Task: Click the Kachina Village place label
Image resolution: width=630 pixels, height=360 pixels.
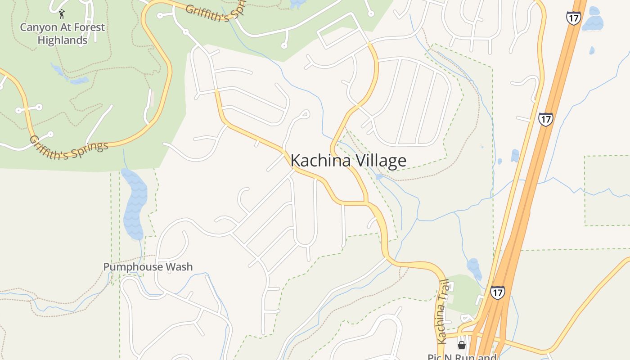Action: tap(348, 161)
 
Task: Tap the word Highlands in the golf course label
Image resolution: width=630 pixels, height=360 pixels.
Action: tap(62, 40)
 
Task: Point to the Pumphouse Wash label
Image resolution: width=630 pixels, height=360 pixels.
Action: tap(148, 267)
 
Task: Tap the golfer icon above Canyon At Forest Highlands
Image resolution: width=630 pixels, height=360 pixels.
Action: tap(62, 14)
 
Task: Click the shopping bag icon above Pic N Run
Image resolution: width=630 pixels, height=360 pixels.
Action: tap(461, 345)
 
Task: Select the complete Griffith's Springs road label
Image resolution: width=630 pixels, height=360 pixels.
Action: tap(69, 147)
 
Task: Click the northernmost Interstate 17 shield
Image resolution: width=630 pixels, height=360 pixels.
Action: tap(573, 18)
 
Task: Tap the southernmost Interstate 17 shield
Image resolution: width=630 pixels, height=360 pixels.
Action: tap(497, 292)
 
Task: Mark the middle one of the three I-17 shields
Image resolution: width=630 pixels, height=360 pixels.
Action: tap(545, 119)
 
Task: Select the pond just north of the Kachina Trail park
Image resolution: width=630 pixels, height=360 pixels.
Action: tap(474, 268)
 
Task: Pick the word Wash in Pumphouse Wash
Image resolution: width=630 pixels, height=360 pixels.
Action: tap(180, 267)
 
